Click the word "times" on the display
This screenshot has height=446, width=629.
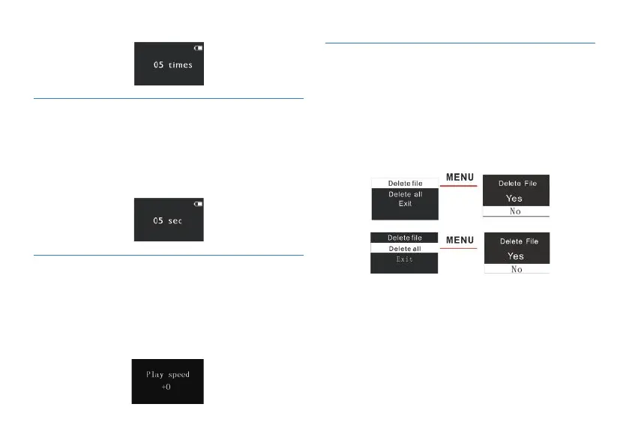tap(180, 65)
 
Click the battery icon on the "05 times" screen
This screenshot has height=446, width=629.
tap(198, 48)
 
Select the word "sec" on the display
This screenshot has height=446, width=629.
tap(175, 221)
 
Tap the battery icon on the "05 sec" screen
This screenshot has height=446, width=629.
tap(198, 203)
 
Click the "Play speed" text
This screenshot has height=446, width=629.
tap(168, 374)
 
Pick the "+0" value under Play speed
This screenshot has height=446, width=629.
tap(167, 388)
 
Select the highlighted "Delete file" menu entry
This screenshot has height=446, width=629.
tap(405, 182)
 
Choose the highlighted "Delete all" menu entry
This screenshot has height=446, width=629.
tap(405, 248)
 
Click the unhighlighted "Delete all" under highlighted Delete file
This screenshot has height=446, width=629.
tap(405, 194)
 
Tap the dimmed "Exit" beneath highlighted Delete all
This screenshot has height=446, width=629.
tap(405, 259)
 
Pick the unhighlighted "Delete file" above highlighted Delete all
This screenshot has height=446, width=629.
tap(405, 238)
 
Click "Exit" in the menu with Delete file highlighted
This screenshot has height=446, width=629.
tap(405, 204)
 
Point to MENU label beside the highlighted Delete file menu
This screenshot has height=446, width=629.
tap(460, 178)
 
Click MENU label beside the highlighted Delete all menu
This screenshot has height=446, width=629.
tap(460, 240)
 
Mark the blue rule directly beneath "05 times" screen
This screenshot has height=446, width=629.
tap(169, 98)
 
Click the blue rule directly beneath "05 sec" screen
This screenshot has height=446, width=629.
tap(169, 255)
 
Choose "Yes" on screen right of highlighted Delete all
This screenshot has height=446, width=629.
tap(516, 256)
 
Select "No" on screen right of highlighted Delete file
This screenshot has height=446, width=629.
tap(516, 211)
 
